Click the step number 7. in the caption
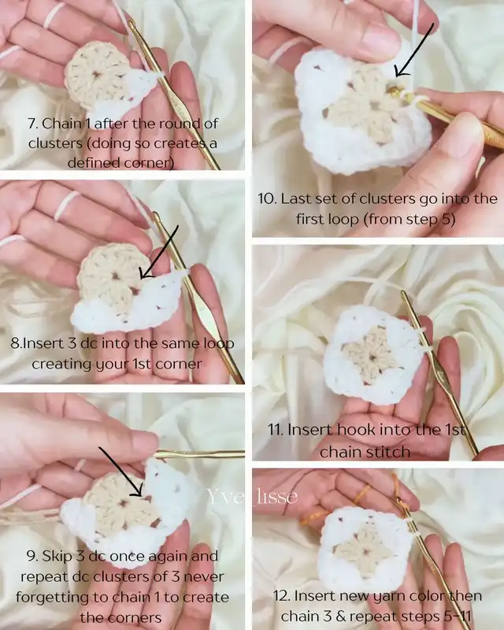point(33,124)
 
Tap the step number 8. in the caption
point(16,343)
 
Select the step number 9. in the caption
point(32,556)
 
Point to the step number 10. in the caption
point(267,198)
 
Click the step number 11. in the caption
point(276,429)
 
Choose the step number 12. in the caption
point(281,595)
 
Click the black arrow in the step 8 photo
point(159,252)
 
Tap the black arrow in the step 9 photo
point(120,472)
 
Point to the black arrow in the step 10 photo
point(414,50)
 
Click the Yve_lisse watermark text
point(253,497)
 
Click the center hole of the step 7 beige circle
point(95,74)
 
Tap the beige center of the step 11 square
point(370,355)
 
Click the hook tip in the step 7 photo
point(130,24)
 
